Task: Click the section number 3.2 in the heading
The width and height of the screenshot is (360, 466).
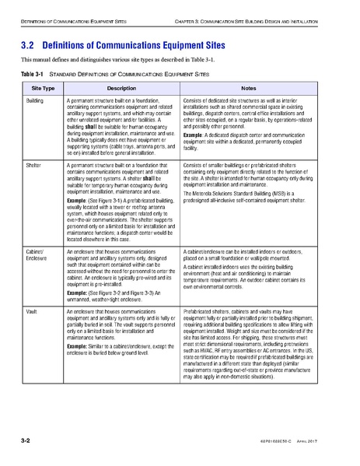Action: [x=29, y=45]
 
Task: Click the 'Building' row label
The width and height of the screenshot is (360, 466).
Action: [x=35, y=102]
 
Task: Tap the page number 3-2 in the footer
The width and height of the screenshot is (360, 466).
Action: [x=26, y=441]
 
